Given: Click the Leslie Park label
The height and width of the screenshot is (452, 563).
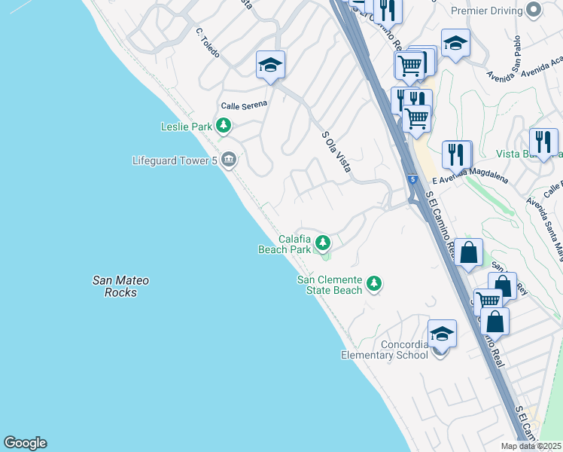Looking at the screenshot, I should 186,127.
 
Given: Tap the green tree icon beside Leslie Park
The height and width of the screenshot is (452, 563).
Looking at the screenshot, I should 223,126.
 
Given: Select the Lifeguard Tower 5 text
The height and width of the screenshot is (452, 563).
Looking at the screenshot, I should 174,160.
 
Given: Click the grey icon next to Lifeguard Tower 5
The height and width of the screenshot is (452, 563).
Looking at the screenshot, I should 229,160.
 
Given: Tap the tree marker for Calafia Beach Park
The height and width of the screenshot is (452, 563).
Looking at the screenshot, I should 323,243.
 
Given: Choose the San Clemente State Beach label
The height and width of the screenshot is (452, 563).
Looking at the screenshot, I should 330,285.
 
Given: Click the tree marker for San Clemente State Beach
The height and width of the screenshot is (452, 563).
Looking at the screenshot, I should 373,284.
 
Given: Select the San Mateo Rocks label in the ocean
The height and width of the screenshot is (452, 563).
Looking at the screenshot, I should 120,286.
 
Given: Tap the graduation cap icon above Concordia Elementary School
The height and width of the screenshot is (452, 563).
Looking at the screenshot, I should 442,333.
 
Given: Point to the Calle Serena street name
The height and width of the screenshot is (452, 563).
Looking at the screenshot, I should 243,105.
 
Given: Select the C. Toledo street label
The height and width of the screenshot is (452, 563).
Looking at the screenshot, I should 207,40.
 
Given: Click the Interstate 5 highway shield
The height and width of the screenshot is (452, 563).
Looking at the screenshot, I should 412,179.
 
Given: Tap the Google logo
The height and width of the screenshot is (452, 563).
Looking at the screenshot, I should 25,443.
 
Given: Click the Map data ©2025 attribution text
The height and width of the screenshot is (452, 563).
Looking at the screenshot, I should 531,446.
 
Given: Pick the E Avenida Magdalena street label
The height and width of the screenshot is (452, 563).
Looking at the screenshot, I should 470,174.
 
